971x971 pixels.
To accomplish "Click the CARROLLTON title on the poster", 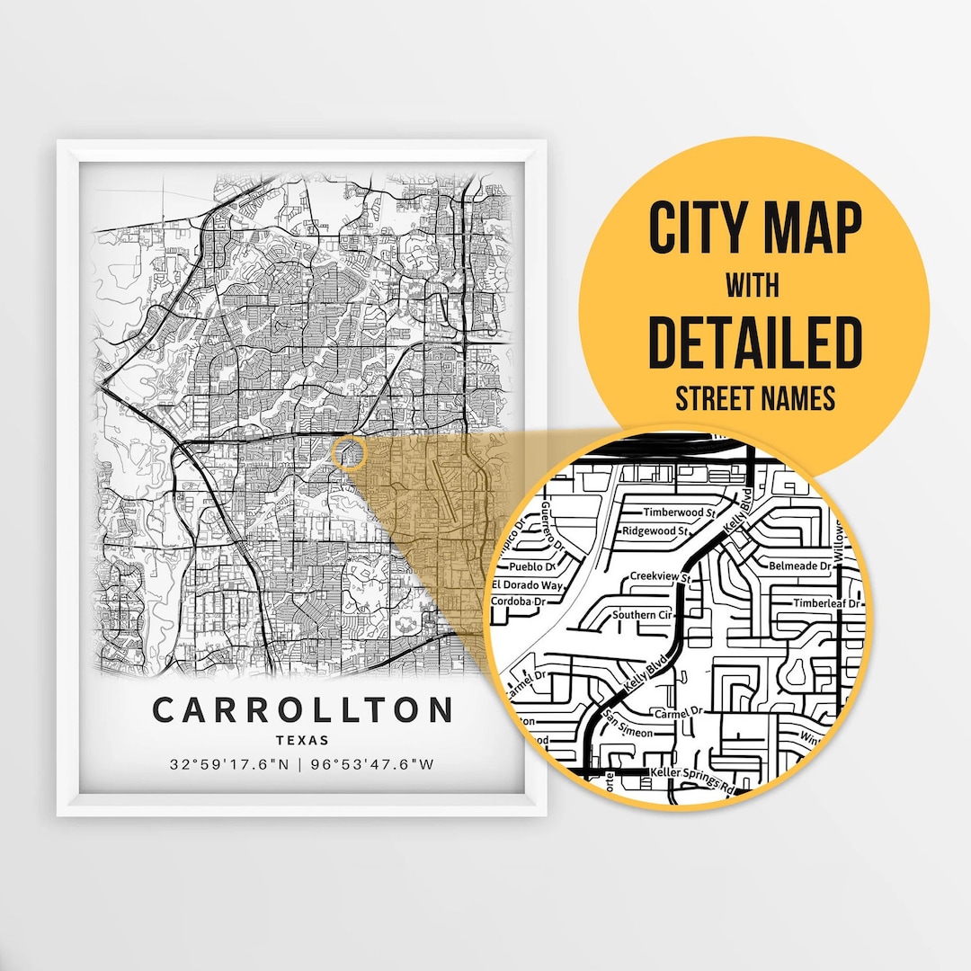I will point(303,709).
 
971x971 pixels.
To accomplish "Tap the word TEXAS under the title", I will point(302,741).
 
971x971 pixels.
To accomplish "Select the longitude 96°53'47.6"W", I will point(371,766).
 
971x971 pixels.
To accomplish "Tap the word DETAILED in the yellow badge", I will point(754,342).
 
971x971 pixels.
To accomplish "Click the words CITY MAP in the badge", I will point(754,229).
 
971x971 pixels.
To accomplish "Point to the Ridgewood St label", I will point(655,531).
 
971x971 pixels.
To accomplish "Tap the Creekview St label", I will point(659,576).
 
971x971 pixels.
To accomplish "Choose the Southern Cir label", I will point(641,615).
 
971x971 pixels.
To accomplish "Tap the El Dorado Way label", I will point(528,585).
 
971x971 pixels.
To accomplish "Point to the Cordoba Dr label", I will point(520,601).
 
